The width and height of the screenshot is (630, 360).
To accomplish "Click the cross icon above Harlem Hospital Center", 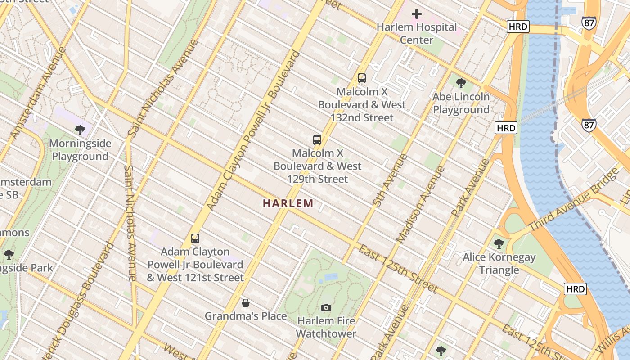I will [417, 14].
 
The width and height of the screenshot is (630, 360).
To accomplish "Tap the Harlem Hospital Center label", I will [417, 34].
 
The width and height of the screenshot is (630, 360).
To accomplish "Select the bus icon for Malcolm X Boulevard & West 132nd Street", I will [362, 78].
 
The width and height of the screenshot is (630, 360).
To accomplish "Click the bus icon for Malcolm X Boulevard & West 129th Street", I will [317, 140].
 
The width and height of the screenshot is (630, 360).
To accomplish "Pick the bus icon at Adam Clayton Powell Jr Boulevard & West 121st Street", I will [195, 238].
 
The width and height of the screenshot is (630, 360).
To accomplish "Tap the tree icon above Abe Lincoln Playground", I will [461, 83].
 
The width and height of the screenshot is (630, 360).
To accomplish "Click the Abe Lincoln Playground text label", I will [461, 103].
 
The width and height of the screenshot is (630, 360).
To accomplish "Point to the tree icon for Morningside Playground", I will [80, 130].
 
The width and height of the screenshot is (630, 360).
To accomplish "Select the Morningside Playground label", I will [80, 150].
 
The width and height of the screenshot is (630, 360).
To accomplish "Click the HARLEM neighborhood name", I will [288, 204].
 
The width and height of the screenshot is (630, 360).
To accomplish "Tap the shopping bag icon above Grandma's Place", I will [246, 303].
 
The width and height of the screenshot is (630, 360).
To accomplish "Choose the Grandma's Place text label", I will [246, 316].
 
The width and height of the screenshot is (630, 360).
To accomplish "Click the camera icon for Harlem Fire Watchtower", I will [326, 308].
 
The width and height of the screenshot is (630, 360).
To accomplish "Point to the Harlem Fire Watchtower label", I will [326, 327].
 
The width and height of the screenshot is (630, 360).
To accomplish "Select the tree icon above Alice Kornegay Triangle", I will [499, 244].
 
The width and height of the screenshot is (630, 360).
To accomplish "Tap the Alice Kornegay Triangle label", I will [499, 264].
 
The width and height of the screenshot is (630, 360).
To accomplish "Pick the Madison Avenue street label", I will [420, 205].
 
